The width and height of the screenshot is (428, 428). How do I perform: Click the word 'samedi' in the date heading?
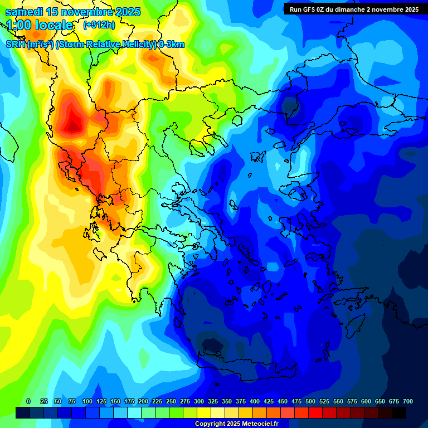(25, 12)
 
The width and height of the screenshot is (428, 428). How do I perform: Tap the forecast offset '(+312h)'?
(100, 25)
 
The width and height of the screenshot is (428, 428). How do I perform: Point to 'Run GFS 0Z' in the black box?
(307, 9)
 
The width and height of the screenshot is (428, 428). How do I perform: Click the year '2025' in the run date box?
(410, 9)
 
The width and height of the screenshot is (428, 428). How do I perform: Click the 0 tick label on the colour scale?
(28, 401)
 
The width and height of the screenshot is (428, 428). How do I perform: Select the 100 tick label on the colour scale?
(87, 401)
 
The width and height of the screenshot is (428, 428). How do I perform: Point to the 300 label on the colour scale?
(199, 401)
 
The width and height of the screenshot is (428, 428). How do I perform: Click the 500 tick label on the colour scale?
(310, 401)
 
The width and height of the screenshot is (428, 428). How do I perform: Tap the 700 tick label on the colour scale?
(408, 401)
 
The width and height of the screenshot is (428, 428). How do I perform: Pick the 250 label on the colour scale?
(171, 401)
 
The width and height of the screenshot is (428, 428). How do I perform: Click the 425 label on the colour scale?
(269, 401)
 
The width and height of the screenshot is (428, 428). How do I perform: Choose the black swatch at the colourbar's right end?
(399, 412)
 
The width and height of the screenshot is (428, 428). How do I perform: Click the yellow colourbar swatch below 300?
(204, 412)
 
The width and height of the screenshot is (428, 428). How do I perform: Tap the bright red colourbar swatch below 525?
(315, 412)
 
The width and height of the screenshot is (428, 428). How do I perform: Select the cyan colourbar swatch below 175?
(134, 412)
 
